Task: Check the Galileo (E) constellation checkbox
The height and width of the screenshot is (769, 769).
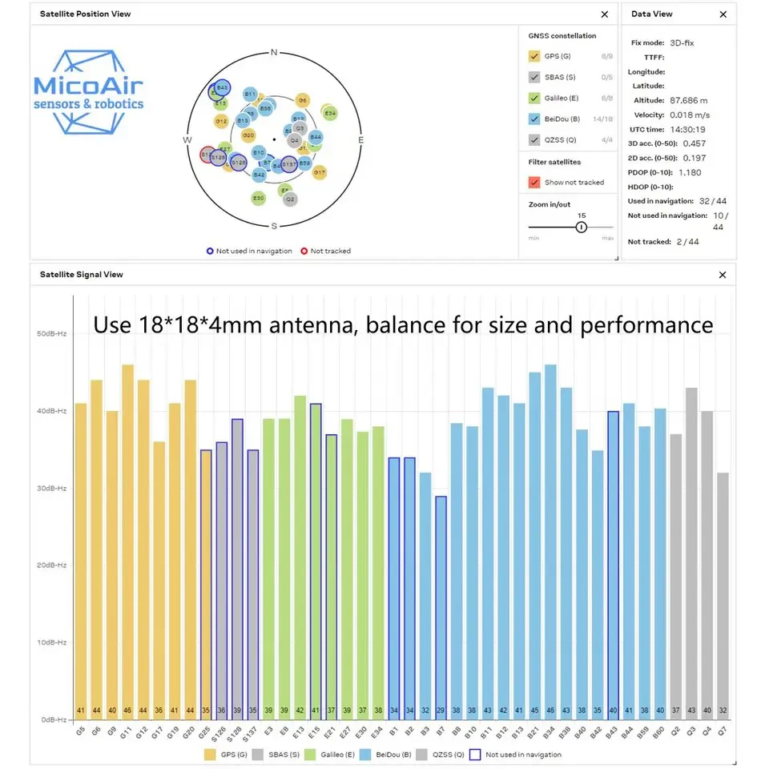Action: pyautogui.click(x=534, y=98)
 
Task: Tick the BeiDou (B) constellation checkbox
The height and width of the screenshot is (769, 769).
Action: pyautogui.click(x=534, y=119)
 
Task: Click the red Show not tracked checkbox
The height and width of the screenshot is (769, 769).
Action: pyautogui.click(x=534, y=182)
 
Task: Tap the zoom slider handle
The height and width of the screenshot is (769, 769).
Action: pyautogui.click(x=582, y=227)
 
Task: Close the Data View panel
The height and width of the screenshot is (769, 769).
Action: pyautogui.click(x=723, y=14)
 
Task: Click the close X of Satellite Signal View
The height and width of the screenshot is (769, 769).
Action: pyautogui.click(x=723, y=275)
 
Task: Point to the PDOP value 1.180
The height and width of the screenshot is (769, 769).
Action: pyautogui.click(x=690, y=172)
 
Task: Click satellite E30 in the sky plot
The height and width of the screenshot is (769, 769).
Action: pyautogui.click(x=258, y=198)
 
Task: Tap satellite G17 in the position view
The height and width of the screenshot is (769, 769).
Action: pyautogui.click(x=320, y=172)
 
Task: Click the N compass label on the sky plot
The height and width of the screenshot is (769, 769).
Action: pyautogui.click(x=274, y=53)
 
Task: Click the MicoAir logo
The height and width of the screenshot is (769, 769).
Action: pyautogui.click(x=89, y=91)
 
